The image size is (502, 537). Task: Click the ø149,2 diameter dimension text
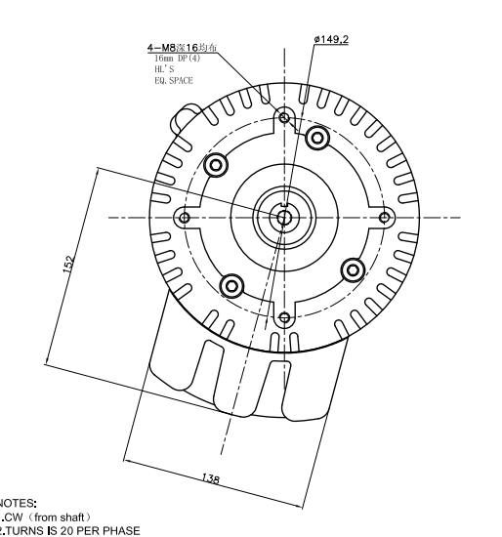tap(331, 39)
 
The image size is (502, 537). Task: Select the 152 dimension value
tap(68, 266)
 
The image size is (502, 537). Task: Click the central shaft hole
tap(282, 217)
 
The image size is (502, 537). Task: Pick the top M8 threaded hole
tap(284, 118)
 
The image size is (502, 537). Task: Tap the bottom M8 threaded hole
tap(283, 316)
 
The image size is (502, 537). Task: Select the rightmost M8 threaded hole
tap(384, 217)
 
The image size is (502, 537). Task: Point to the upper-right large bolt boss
tap(316, 137)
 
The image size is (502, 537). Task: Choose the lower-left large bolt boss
tap(231, 285)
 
